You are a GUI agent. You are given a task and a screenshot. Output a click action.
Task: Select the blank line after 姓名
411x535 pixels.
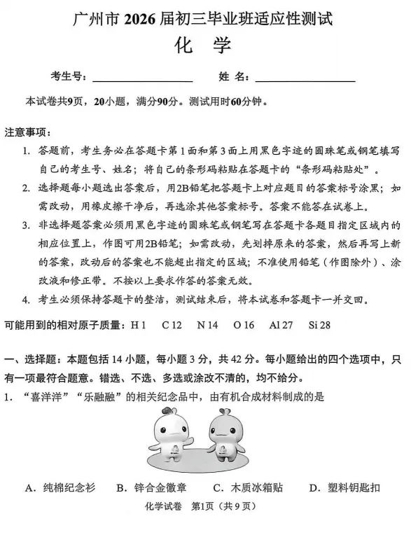(x=305, y=77)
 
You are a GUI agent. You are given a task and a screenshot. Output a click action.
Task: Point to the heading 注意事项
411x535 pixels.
(x=27, y=132)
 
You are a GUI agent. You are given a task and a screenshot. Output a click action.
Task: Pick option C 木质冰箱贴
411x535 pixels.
(x=248, y=488)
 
